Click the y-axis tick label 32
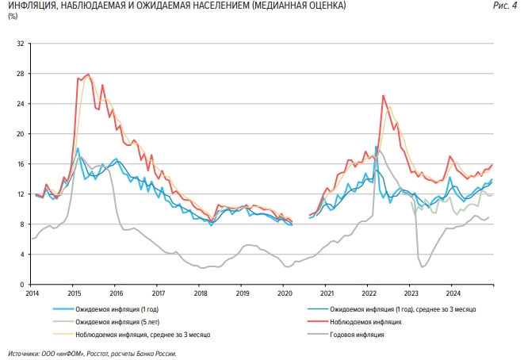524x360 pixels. pyautogui.click(x=20, y=44)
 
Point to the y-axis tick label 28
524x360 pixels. pyautogui.click(x=20, y=74)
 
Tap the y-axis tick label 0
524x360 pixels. pyautogui.click(x=22, y=284)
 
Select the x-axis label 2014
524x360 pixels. pyautogui.click(x=31, y=293)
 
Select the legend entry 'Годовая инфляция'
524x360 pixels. pyautogui.click(x=357, y=335)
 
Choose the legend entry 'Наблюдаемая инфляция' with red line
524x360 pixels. pyautogui.click(x=365, y=323)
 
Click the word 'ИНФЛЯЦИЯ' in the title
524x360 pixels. pyautogui.click(x=30, y=7)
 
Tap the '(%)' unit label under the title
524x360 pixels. pyautogui.click(x=12, y=17)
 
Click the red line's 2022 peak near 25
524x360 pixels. pyautogui.click(x=383, y=96)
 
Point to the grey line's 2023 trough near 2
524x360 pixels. pyautogui.click(x=423, y=266)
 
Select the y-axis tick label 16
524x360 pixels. pyautogui.click(x=20, y=164)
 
